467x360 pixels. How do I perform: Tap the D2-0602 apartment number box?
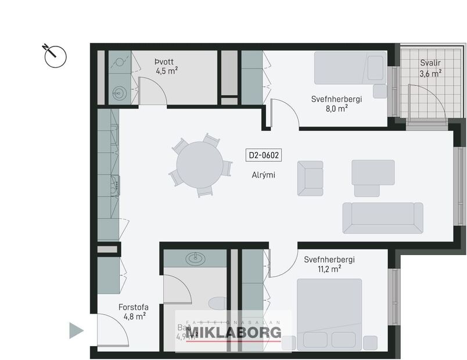(264, 155)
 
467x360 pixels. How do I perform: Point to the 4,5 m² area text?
(166, 71)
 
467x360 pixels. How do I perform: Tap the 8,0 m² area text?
(336, 109)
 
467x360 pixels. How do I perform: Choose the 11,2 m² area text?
(329, 269)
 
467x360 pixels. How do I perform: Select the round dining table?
(199, 165)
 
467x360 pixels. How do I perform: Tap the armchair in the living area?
(310, 178)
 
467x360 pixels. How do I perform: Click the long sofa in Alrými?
(382, 218)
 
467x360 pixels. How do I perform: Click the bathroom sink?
(194, 258)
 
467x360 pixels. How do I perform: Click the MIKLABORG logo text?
(233, 332)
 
